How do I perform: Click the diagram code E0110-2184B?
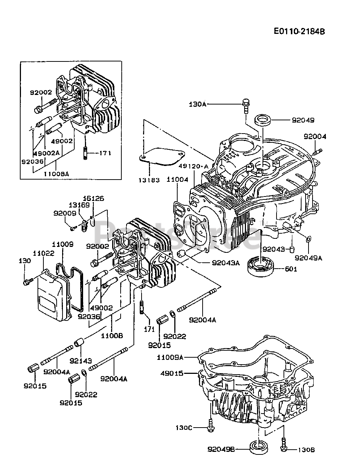pyautogui.click(x=299, y=31)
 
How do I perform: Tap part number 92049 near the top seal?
pyautogui.click(x=303, y=120)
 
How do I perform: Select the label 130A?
pyautogui.click(x=198, y=105)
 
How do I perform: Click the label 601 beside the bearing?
pyautogui.click(x=291, y=269)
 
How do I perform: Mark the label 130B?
pyautogui.click(x=307, y=449)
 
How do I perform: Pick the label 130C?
pyautogui.click(x=184, y=428)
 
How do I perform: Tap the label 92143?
pyautogui.click(x=81, y=361)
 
